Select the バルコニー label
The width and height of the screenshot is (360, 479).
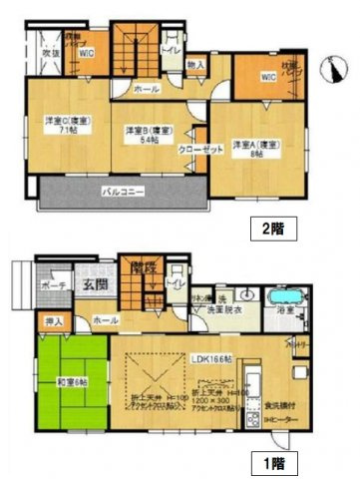click(x=122, y=190)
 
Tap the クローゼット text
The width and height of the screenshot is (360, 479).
click(x=200, y=150)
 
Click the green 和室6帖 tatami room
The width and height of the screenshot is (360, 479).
click(x=68, y=381)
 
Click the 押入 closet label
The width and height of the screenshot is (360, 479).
click(x=54, y=321)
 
